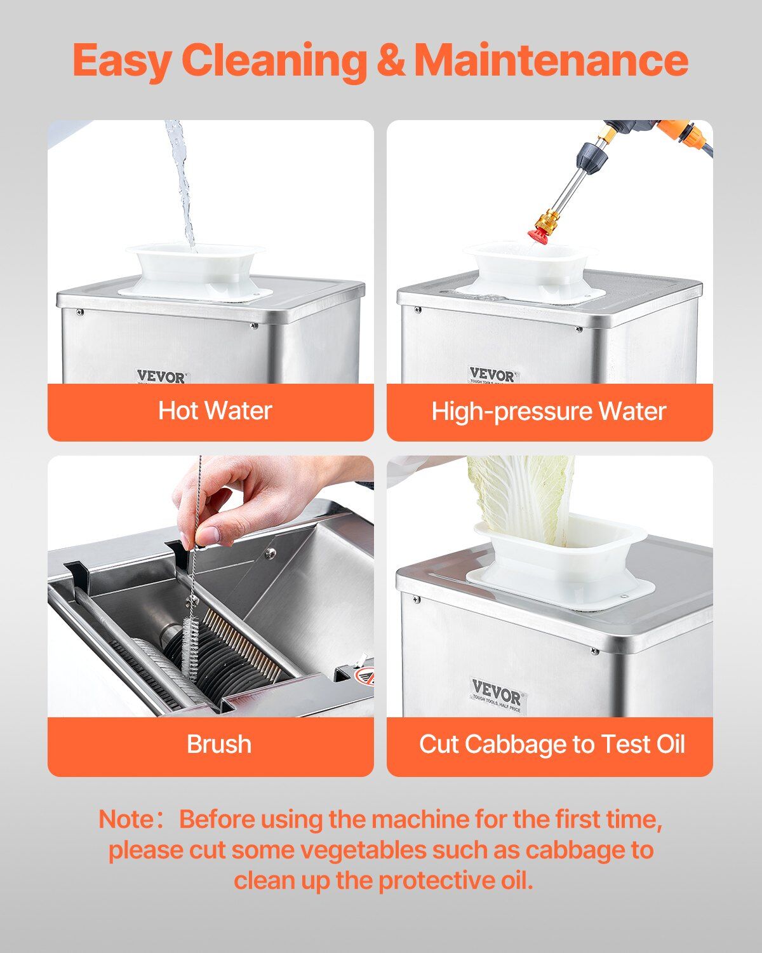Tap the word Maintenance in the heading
(x=551, y=60)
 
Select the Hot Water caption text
(x=215, y=410)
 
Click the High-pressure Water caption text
(x=549, y=412)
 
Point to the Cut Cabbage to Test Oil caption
(x=552, y=744)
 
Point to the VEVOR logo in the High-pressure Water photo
(x=492, y=375)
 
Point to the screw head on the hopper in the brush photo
(x=269, y=552)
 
